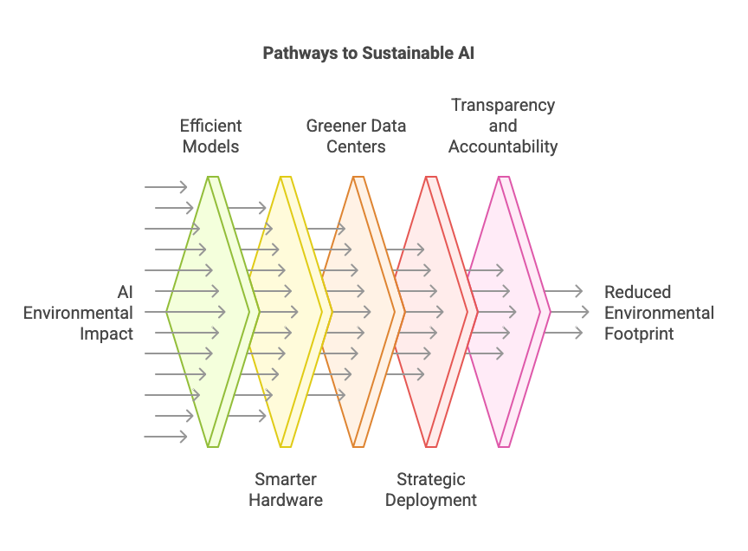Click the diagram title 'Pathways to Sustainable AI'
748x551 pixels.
368,53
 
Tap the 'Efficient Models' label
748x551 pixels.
211,136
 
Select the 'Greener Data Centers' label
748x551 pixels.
356,136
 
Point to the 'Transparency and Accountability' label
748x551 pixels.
503,126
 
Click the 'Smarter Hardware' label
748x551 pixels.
286,489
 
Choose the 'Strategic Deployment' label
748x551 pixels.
431,489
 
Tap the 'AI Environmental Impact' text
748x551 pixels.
78,313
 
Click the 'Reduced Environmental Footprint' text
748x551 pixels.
660,313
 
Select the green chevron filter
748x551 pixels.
212,312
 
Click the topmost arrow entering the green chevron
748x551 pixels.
165,186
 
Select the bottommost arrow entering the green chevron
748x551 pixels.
165,437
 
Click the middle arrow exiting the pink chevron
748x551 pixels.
567,312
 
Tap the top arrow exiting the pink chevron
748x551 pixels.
564,291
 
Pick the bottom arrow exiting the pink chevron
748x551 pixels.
564,333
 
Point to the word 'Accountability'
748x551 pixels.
503,146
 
